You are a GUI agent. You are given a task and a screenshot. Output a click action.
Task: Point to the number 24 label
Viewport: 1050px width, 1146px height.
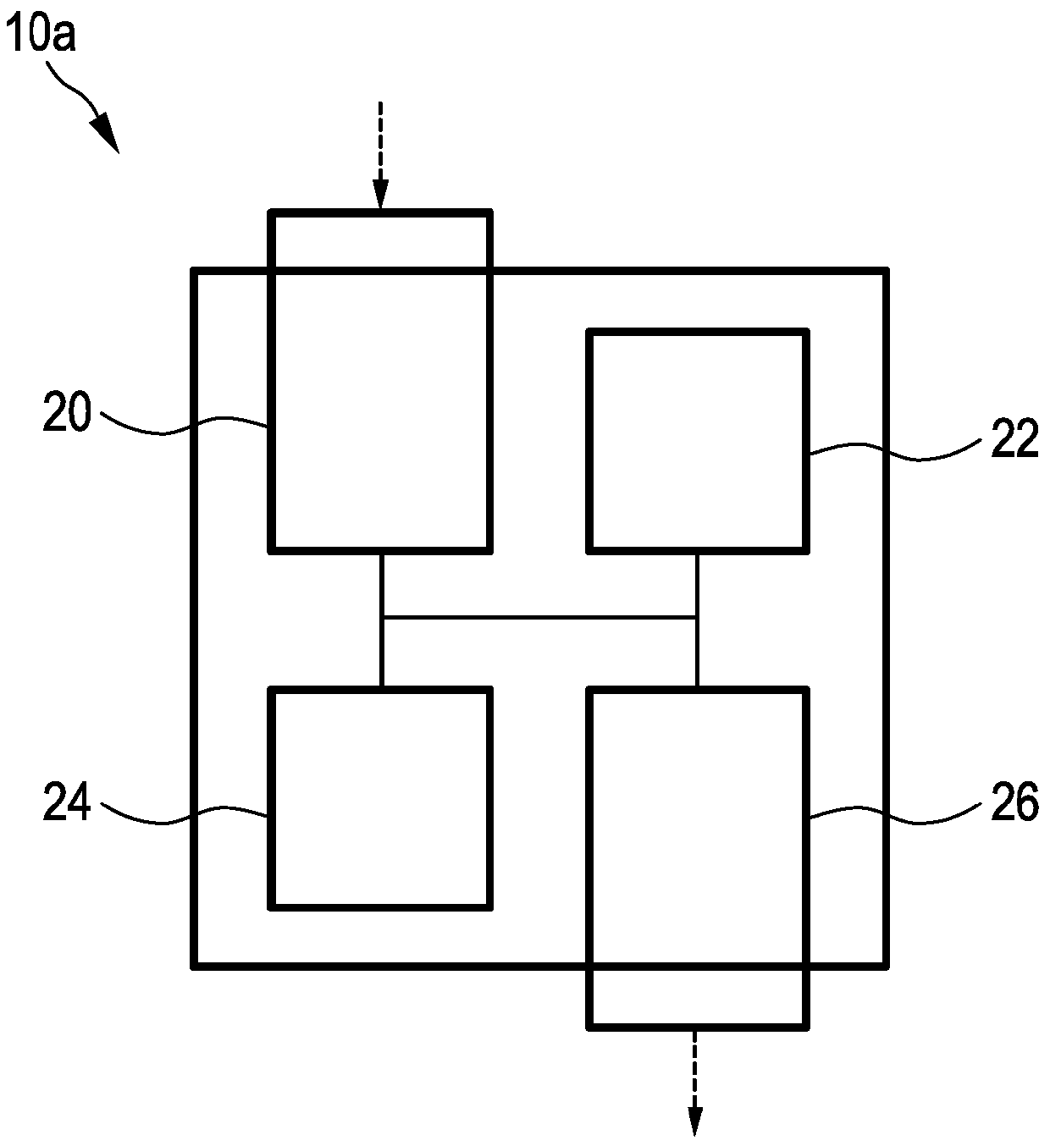click(x=67, y=803)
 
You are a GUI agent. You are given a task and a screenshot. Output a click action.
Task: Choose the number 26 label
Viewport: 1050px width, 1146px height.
click(x=1014, y=803)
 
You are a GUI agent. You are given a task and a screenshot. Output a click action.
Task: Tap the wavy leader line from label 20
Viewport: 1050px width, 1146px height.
click(x=183, y=425)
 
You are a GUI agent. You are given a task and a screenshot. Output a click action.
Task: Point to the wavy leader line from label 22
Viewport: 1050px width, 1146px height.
click(x=893, y=455)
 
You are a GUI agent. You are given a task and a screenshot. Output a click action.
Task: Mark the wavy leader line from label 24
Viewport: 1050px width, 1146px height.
click(x=183, y=815)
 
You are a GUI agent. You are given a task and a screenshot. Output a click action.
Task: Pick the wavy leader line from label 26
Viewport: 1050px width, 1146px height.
click(x=893, y=817)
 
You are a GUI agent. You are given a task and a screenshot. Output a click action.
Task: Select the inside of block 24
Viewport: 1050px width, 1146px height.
click(x=380, y=798)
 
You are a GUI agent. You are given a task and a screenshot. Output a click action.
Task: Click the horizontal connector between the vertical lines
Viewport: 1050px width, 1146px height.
click(x=539, y=618)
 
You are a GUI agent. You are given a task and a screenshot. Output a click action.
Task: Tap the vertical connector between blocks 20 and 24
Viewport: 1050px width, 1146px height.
click(x=382, y=652)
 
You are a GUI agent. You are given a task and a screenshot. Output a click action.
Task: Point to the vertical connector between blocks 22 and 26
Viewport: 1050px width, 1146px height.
click(x=697, y=652)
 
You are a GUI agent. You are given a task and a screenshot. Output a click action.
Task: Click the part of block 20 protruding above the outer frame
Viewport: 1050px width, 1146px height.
click(x=380, y=241)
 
